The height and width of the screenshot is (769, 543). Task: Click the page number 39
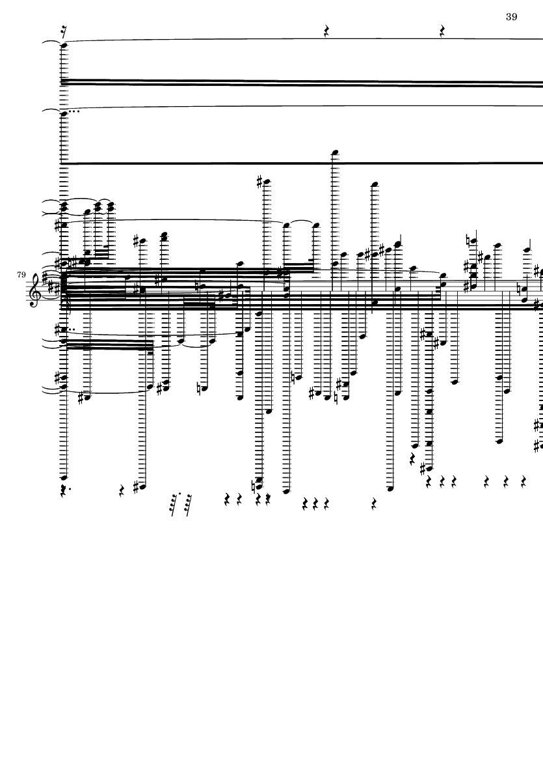[x=511, y=17]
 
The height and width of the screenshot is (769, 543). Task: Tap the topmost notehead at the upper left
[x=63, y=45]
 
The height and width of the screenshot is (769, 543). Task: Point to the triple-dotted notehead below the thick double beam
[x=63, y=113]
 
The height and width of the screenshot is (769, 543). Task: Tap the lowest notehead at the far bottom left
[x=64, y=477]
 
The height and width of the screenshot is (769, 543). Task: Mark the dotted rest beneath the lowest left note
[x=62, y=490]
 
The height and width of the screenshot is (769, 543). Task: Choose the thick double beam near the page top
[x=299, y=83]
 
